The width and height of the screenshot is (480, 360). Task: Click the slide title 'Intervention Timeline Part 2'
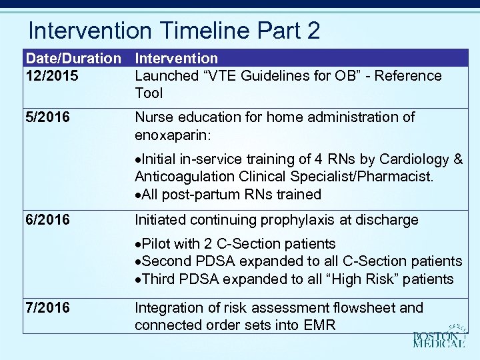click(174, 31)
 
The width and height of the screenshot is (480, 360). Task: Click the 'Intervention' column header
click(176, 59)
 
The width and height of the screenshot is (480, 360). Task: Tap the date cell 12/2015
click(51, 76)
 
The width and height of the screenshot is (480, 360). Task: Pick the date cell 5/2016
click(47, 117)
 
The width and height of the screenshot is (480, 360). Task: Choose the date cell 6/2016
click(47, 220)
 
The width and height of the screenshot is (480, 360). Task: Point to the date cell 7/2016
click(47, 308)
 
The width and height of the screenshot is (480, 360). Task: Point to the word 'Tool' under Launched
click(149, 93)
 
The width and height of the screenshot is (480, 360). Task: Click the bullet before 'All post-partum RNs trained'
click(137, 195)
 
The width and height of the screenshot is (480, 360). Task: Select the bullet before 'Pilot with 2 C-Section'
click(137, 245)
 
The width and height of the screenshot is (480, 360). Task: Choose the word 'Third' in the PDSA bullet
click(157, 279)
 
